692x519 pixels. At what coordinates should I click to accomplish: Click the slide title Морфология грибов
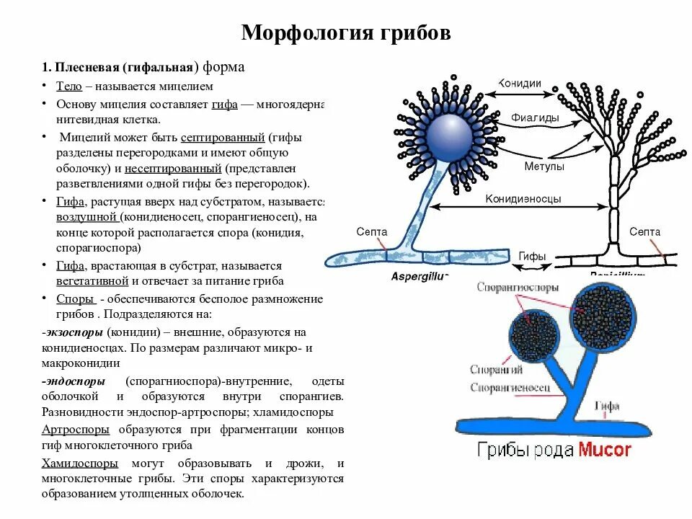coord(345,33)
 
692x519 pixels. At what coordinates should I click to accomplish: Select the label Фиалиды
coord(531,117)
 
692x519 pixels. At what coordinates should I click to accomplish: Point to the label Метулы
coord(544,166)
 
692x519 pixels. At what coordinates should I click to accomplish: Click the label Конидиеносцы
coord(523,199)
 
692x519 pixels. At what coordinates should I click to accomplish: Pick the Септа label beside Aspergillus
coord(372,232)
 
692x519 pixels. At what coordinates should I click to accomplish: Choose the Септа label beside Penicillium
coord(644,232)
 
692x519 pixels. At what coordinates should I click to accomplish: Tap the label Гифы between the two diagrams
coord(532,256)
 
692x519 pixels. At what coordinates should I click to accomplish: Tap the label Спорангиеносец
coord(510,388)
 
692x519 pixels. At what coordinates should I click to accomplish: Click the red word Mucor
coord(604,451)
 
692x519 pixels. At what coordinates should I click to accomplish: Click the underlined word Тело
coord(69,86)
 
